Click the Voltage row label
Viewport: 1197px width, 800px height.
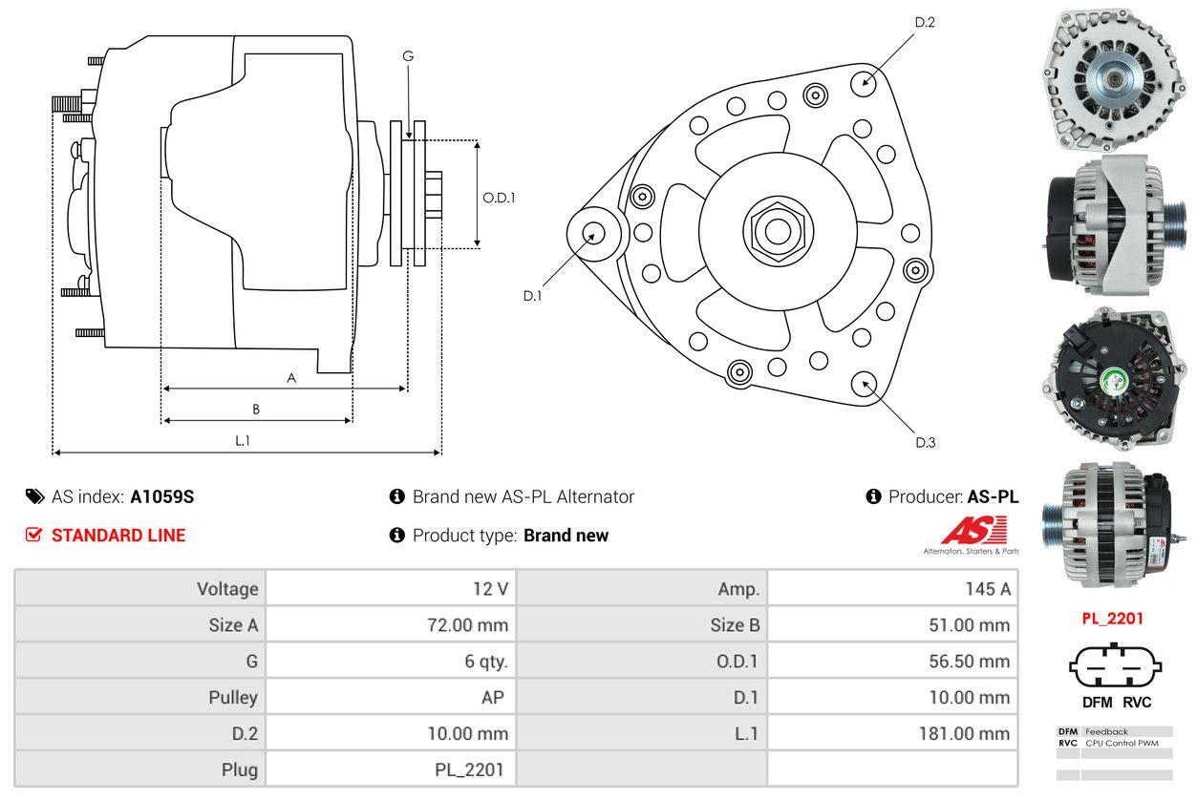(x=227, y=589)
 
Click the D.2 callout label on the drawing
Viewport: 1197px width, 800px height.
(x=924, y=22)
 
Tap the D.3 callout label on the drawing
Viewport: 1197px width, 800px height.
(x=925, y=442)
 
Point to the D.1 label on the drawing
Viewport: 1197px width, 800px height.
(x=532, y=296)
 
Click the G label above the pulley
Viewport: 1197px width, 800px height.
(x=408, y=56)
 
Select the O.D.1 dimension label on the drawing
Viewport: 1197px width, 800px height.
(x=499, y=198)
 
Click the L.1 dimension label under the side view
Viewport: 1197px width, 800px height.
(x=243, y=440)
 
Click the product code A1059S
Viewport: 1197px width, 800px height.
(x=162, y=496)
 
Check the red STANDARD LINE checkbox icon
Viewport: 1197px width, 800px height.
(x=34, y=535)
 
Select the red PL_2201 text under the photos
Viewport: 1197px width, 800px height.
(x=1112, y=618)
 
